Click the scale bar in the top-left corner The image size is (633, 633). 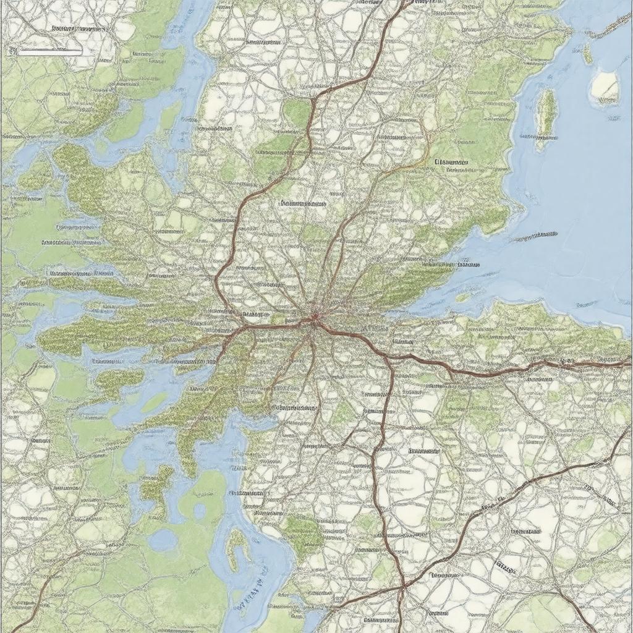49,53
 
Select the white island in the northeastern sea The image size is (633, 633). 605,87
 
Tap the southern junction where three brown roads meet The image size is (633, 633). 402,586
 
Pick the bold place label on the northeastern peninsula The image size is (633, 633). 451,163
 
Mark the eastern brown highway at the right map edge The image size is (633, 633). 627,364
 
